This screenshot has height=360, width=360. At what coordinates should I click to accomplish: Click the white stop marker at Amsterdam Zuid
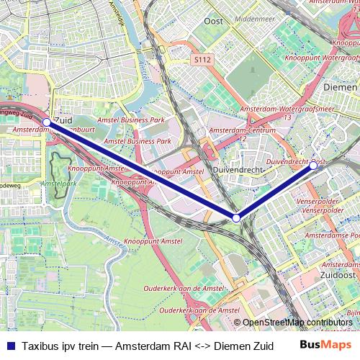(47, 122)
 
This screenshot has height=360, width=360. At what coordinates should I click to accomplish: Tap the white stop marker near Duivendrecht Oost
(313, 165)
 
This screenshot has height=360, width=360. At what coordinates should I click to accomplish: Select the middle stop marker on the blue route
(236, 217)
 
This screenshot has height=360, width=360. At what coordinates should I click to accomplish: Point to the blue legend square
(10, 345)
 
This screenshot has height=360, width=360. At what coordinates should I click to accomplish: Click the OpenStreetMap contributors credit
(297, 323)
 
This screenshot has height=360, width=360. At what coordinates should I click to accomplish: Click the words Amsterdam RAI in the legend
(148, 345)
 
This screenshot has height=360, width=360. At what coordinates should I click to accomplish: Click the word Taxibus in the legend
(40, 345)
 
